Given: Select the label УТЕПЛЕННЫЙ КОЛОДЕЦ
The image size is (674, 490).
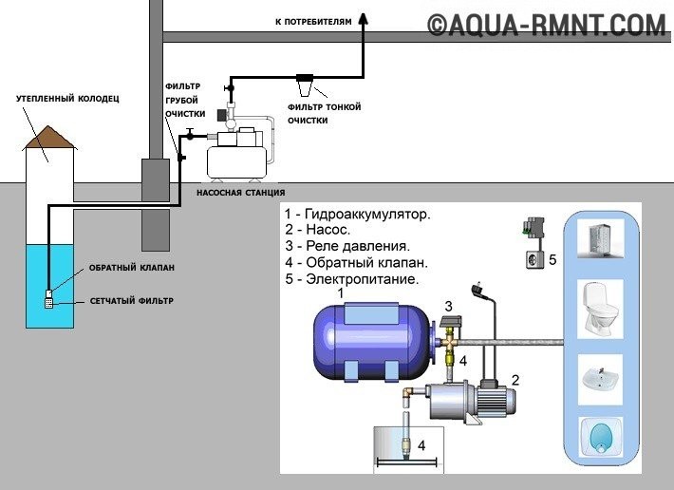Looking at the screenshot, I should pos(53,98).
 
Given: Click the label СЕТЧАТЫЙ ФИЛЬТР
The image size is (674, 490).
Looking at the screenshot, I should pos(133,301).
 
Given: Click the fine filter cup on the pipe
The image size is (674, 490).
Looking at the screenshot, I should pos(306,86).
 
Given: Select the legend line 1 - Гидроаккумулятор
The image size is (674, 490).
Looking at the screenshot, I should pos(357,215).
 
